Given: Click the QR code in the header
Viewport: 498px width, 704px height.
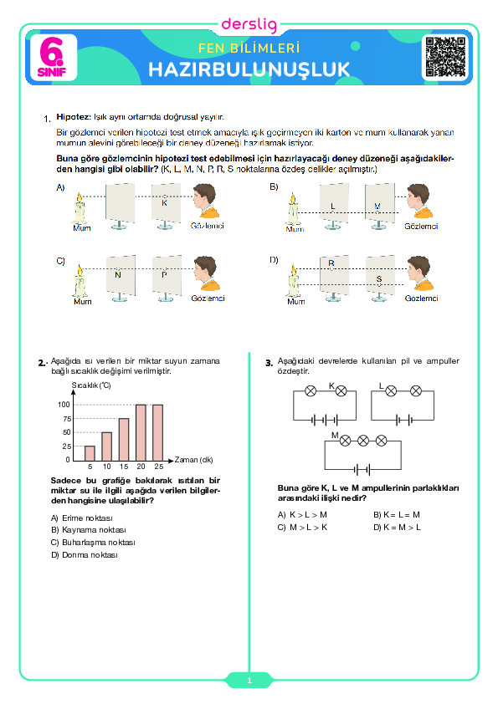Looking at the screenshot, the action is tap(445, 57).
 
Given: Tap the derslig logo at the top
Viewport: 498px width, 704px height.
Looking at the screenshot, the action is tap(249, 24).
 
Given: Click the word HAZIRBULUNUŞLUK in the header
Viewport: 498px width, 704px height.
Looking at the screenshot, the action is tap(249, 69).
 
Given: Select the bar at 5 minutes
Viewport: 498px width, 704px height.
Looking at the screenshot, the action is tap(90, 453).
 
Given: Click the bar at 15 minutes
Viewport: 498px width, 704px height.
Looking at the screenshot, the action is tap(124, 440).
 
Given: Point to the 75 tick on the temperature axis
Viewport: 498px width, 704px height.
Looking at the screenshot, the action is tap(67, 419).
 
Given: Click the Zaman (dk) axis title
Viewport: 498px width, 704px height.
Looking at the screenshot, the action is tap(193, 460).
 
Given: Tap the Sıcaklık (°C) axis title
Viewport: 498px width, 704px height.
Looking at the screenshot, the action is tap(91, 385).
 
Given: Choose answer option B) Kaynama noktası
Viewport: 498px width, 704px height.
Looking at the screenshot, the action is tap(89, 530).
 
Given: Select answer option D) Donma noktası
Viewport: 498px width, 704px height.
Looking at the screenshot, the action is tap(84, 555).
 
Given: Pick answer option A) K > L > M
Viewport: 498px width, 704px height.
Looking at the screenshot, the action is tap(302, 514).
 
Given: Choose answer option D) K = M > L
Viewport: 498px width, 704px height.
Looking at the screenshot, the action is tap(398, 527).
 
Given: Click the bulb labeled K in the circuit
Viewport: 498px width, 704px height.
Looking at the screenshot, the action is tap(341, 391).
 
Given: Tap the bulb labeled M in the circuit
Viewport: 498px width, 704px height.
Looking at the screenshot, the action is tap(345, 441).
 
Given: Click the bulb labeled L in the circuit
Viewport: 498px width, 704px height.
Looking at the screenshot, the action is tap(391, 391).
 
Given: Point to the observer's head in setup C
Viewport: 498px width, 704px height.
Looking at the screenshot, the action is tap(205, 271).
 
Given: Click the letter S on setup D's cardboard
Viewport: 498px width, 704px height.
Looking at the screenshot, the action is tap(379, 279).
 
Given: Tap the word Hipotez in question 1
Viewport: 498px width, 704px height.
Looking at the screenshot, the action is tap(74, 117).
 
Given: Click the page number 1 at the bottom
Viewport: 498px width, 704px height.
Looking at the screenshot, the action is tap(249, 681).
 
